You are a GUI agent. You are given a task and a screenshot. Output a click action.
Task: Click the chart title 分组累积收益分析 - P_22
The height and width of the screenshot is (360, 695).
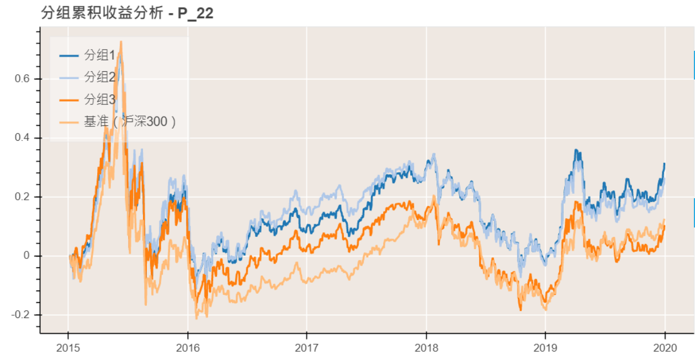coord(127,14)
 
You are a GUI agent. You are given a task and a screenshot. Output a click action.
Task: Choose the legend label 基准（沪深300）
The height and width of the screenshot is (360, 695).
coord(130,121)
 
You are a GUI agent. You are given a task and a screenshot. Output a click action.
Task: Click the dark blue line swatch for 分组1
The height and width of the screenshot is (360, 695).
coord(69,55)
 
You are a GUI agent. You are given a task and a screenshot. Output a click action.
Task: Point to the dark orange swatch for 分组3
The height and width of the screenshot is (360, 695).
coord(69,99)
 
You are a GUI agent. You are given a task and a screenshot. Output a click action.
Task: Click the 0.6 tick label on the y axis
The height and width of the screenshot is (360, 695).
coord(23,79)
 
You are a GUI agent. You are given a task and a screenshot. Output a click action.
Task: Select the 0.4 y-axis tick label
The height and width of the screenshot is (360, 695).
coord(23,138)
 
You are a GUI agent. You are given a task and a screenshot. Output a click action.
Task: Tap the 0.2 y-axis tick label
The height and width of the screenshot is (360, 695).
coord(23,197)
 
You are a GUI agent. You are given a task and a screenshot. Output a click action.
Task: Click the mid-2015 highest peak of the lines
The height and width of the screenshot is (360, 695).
coord(121,42)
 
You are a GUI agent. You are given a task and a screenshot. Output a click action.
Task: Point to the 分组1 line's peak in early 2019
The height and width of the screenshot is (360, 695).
coord(576,150)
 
